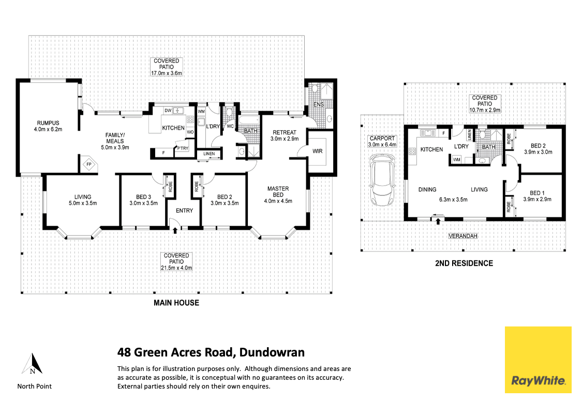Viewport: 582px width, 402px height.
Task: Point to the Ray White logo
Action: [x=538, y=360]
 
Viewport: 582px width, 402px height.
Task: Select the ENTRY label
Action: [x=184, y=211]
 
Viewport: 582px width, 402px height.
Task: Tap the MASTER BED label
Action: [x=278, y=189]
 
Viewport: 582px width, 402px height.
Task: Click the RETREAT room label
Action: [x=284, y=132]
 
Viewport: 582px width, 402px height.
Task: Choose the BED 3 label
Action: [x=143, y=197]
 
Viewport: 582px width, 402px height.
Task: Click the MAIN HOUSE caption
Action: [x=176, y=303]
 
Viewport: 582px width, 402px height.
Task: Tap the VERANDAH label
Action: [x=462, y=236]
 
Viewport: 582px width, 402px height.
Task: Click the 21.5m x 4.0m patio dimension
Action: [x=176, y=268]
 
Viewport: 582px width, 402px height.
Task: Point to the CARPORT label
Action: [x=382, y=139]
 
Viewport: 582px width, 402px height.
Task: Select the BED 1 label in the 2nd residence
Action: [x=537, y=192]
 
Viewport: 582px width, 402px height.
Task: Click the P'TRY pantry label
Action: [x=182, y=148]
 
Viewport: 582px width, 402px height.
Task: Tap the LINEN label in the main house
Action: [x=209, y=154]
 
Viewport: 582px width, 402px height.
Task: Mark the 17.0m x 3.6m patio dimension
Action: [x=166, y=73]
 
